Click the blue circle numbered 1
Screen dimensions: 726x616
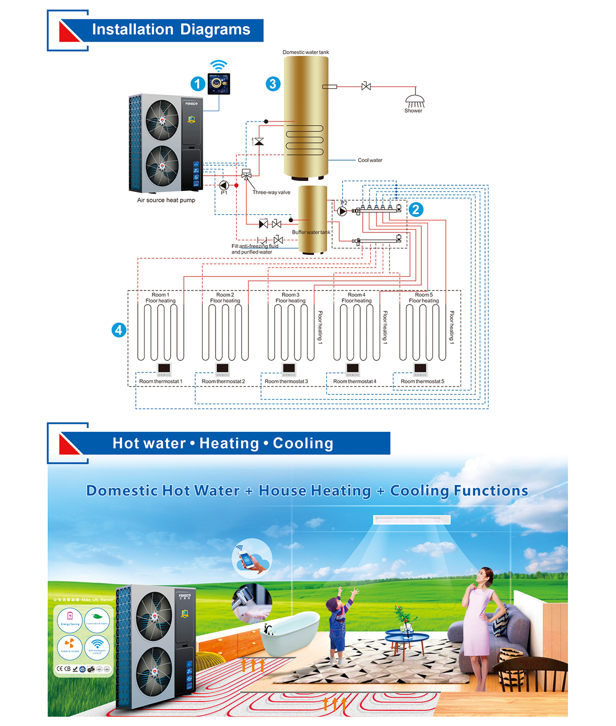tap(197, 83)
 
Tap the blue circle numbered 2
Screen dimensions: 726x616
tap(416, 210)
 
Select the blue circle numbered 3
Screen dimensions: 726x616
tap(273, 84)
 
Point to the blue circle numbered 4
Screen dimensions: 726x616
tap(119, 330)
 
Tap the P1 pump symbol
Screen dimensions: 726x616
tap(224, 185)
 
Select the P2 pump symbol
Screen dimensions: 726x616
tap(342, 211)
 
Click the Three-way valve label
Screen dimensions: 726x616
tap(271, 192)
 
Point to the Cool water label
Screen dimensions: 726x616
tap(370, 160)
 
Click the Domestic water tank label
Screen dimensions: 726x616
tap(306, 52)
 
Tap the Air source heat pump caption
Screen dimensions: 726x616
tap(166, 200)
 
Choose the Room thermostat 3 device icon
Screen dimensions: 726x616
tap(289, 369)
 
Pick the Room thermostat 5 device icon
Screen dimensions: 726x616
tap(420, 369)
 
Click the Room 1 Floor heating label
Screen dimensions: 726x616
tap(160, 298)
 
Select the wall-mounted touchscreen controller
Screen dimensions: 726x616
tap(219, 84)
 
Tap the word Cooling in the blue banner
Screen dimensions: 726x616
tap(303, 443)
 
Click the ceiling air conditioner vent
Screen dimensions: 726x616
tap(411, 519)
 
